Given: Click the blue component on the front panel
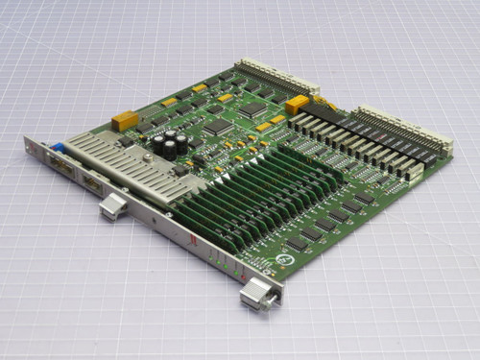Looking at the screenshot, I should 58,149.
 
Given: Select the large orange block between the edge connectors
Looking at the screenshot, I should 298,104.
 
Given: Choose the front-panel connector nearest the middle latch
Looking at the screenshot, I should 91,184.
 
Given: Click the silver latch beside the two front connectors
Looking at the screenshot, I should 113,204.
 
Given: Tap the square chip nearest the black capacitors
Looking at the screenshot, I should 217,126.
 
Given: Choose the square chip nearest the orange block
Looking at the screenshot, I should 252,110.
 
